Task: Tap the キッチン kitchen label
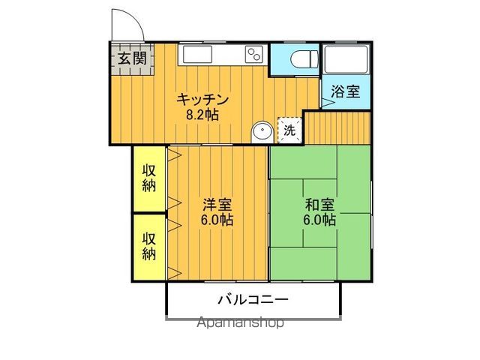(x=202, y=100)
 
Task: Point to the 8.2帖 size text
(x=202, y=116)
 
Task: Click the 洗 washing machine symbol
(x=289, y=130)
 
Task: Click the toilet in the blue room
(x=303, y=58)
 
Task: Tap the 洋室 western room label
(x=217, y=204)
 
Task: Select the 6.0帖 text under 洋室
(x=217, y=220)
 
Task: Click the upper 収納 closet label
(x=150, y=178)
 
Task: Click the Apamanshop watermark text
(x=240, y=323)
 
